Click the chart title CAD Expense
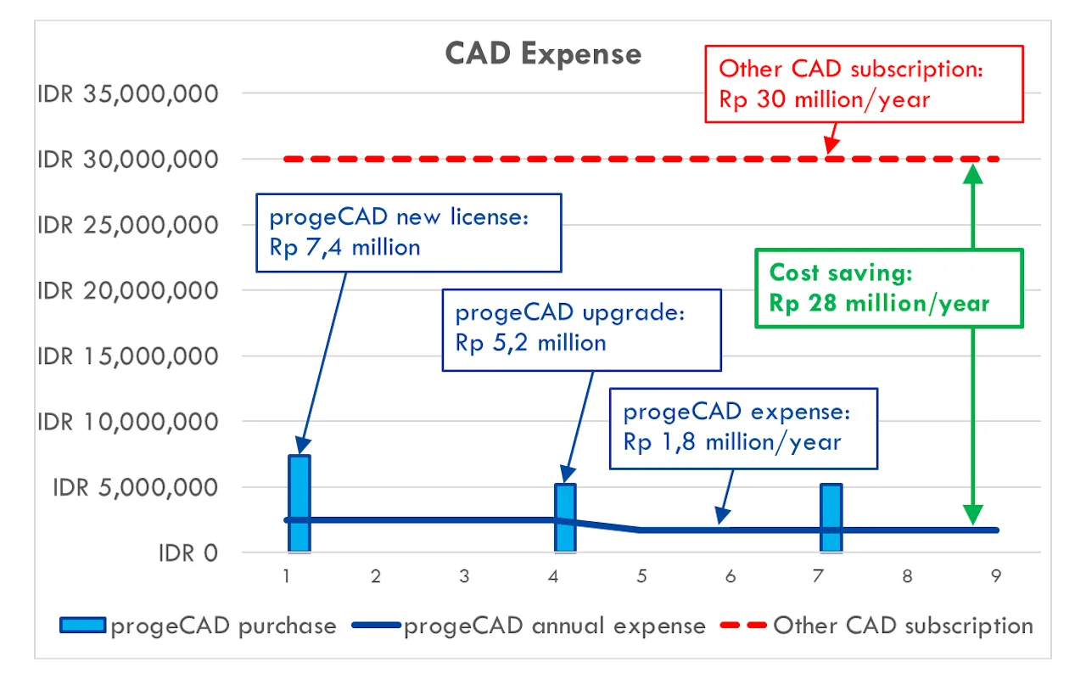tap(543, 54)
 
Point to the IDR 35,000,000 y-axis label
tap(127, 93)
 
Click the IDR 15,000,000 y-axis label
tap(127, 356)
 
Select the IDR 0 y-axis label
tap(188, 553)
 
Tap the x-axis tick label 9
tap(996, 576)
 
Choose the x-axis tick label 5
tap(642, 576)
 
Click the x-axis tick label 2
tap(376, 576)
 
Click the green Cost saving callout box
tap(888, 288)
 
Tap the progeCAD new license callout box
tap(410, 233)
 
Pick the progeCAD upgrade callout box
tap(581, 328)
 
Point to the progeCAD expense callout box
tap(743, 427)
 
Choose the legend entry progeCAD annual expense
tap(553, 626)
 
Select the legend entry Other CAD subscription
tap(902, 626)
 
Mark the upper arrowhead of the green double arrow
tap(973, 172)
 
